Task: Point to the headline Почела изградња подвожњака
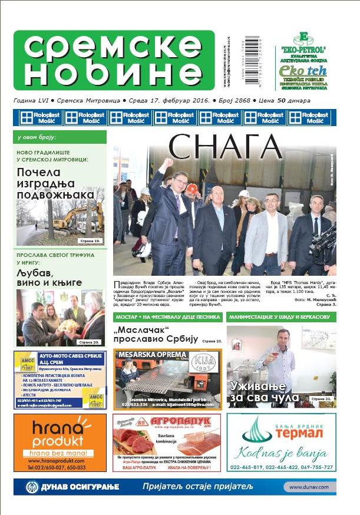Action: click(55, 183)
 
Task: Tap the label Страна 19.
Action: click(90, 241)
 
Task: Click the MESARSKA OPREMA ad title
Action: click(146, 355)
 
